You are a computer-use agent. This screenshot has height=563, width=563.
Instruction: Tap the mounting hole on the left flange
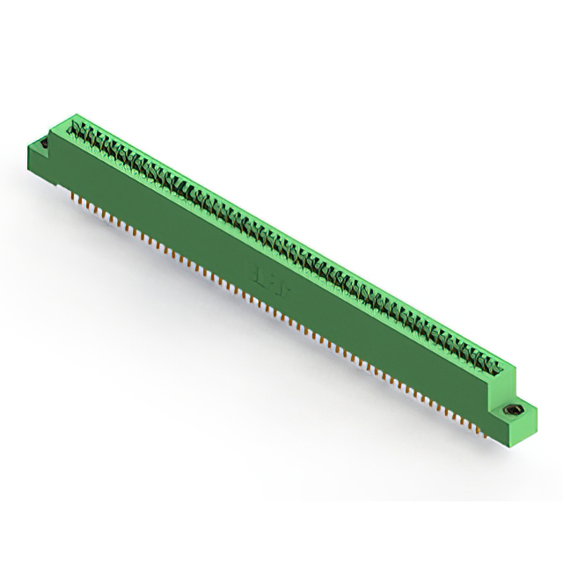click(x=40, y=143)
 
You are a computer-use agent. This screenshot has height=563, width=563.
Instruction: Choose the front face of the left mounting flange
click(x=40, y=162)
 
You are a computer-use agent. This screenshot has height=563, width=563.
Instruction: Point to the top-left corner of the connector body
click(x=72, y=114)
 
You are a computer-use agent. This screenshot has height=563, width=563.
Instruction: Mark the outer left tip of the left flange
click(x=30, y=147)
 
